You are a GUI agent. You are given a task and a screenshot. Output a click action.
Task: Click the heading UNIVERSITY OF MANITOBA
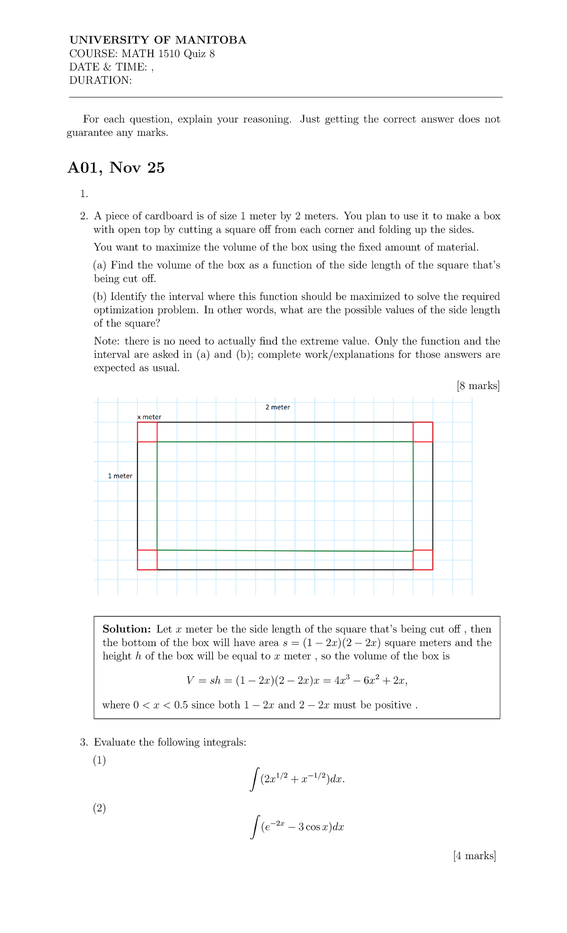[x=158, y=40]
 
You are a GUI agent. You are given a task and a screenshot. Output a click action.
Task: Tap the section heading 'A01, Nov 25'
[x=116, y=168]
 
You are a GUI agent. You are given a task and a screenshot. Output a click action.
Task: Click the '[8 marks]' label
[x=478, y=386]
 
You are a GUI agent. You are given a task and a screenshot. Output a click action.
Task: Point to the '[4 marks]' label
[x=474, y=856]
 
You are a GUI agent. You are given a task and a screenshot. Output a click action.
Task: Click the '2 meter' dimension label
[x=277, y=407]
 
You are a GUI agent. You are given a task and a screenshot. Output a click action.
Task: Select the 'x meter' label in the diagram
[x=149, y=417]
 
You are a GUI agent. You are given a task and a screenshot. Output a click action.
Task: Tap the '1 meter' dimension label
[x=120, y=476]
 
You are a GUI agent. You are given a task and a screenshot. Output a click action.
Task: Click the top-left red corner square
[x=147, y=432]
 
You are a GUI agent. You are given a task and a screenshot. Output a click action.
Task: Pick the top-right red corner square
[x=423, y=432]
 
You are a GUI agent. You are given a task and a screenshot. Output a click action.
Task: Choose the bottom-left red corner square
[x=147, y=560]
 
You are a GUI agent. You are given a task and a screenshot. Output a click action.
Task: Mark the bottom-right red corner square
[x=423, y=560]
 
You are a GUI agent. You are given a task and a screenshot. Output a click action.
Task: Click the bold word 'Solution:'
[x=127, y=629]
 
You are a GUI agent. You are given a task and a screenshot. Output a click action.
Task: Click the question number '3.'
[x=84, y=742]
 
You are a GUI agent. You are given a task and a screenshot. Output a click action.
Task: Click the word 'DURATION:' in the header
[x=100, y=80]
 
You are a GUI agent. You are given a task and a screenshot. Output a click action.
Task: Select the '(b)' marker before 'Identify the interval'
[x=100, y=297]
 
